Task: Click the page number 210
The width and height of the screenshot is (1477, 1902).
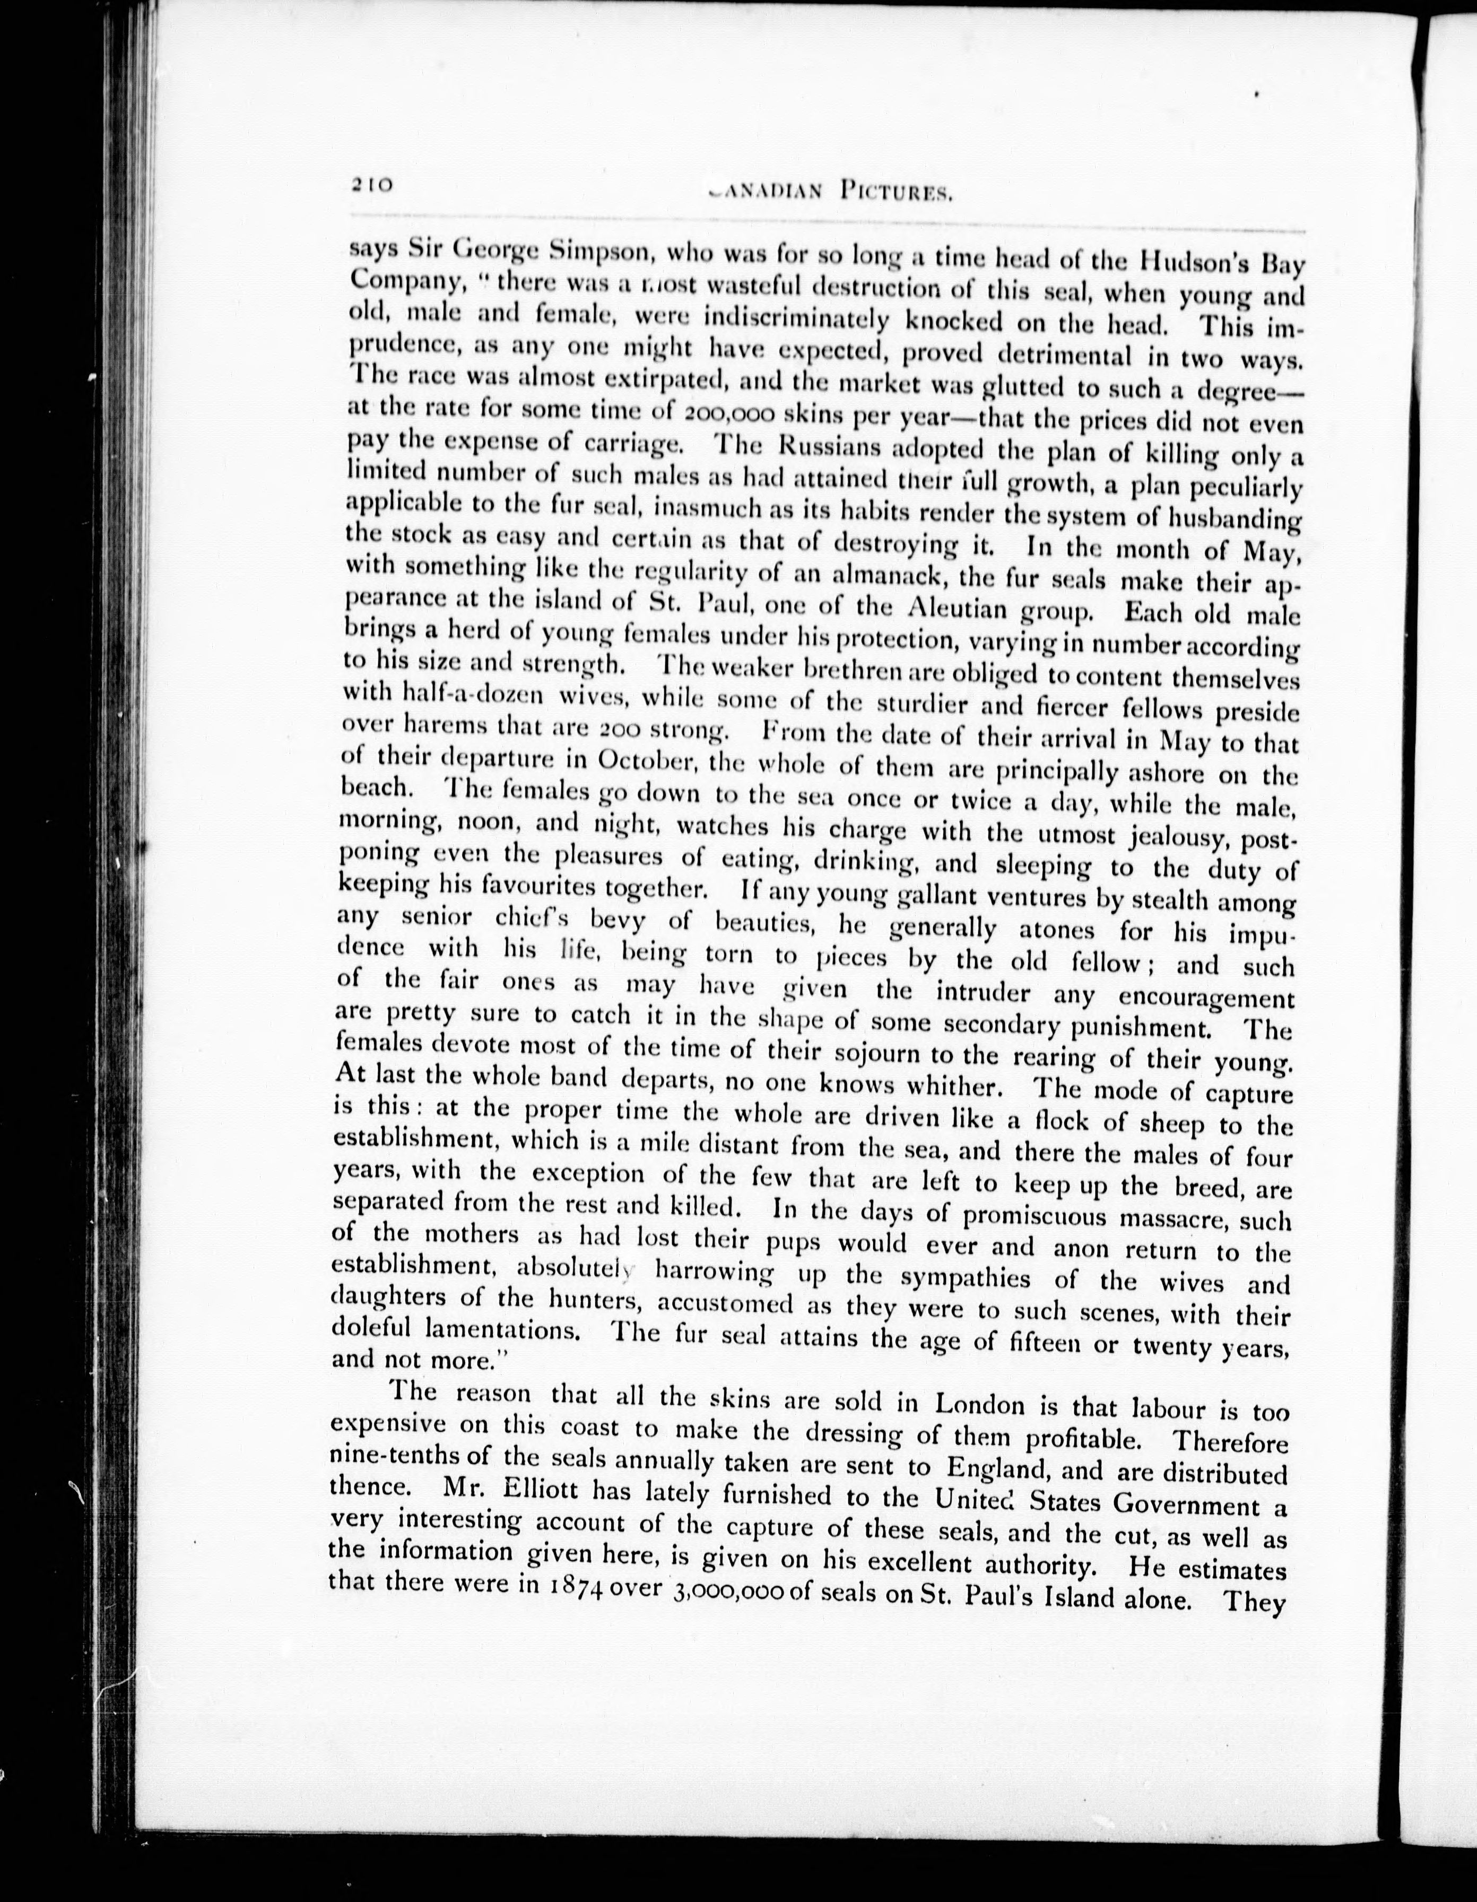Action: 373,185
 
